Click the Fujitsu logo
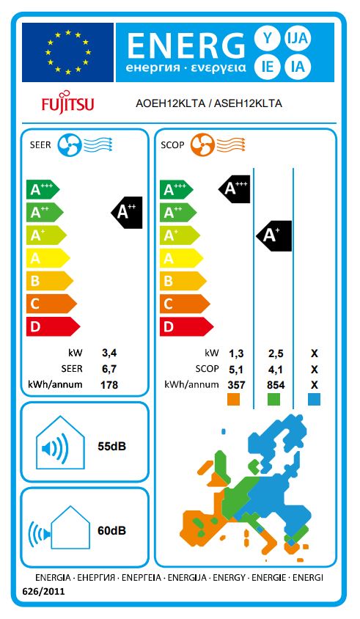(x=68, y=103)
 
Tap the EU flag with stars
(x=68, y=52)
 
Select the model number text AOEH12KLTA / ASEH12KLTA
(x=208, y=103)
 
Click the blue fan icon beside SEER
(x=70, y=145)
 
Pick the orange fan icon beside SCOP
(x=202, y=145)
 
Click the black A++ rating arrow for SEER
(x=127, y=213)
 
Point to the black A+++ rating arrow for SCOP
(x=235, y=189)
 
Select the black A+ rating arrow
(x=274, y=235)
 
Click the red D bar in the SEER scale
(x=54, y=326)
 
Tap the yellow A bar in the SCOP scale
(x=181, y=259)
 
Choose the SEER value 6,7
(x=109, y=369)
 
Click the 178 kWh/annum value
(x=109, y=384)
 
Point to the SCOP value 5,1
(x=236, y=370)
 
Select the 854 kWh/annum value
(x=276, y=385)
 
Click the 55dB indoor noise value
(x=111, y=446)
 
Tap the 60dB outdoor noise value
(x=111, y=530)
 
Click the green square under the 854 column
(x=274, y=400)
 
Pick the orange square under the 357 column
(x=234, y=400)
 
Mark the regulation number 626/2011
(x=43, y=591)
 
